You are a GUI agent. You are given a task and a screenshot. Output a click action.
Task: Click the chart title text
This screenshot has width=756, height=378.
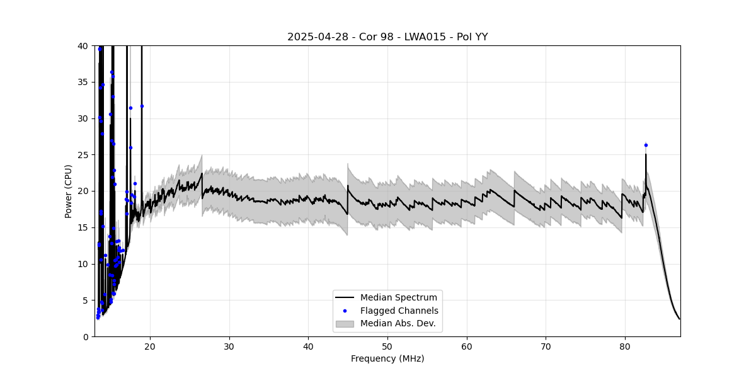pyautogui.click(x=387, y=37)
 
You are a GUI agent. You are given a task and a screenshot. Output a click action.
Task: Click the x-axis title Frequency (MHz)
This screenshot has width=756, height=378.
pyautogui.click(x=387, y=358)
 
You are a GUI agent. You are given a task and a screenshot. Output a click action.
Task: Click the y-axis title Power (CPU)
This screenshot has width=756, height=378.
pyautogui.click(x=68, y=191)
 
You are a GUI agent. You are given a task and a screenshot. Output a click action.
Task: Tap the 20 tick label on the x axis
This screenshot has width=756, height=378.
pyautogui.click(x=150, y=345)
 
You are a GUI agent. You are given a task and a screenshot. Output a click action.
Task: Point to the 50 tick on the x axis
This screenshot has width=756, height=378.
pyautogui.click(x=387, y=345)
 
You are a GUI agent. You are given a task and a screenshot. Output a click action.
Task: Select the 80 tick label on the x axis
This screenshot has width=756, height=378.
pyautogui.click(x=625, y=345)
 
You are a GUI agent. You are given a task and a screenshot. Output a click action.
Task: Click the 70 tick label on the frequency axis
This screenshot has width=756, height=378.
pyautogui.click(x=546, y=345)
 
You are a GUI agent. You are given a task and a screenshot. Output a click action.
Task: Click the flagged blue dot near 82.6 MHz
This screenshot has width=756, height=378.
pyautogui.click(x=646, y=145)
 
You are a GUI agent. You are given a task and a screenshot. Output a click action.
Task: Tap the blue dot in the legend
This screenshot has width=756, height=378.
pyautogui.click(x=345, y=311)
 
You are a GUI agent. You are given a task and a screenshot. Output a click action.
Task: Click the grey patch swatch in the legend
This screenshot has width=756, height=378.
pyautogui.click(x=345, y=324)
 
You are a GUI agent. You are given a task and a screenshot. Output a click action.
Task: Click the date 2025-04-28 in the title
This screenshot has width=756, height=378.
pyautogui.click(x=314, y=37)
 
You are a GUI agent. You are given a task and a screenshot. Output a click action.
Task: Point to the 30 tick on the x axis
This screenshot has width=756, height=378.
pyautogui.click(x=229, y=345)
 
